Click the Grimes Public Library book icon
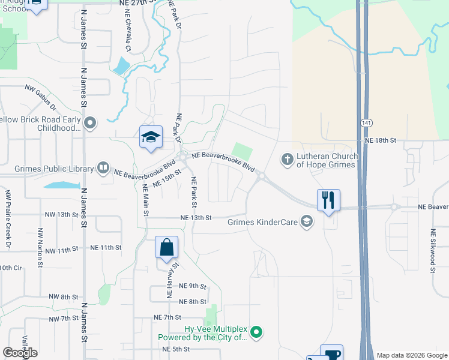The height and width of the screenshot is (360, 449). [x=103, y=169]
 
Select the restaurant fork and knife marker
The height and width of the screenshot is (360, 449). [x=328, y=199]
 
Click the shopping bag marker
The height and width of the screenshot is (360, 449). [x=166, y=247]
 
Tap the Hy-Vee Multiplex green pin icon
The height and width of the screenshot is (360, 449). [x=256, y=331]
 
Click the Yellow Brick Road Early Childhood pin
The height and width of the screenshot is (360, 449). [x=91, y=124]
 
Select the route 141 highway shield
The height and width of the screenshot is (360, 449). [x=366, y=122]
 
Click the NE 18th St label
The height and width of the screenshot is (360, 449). [x=381, y=140]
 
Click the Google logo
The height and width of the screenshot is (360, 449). [x=20, y=353]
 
